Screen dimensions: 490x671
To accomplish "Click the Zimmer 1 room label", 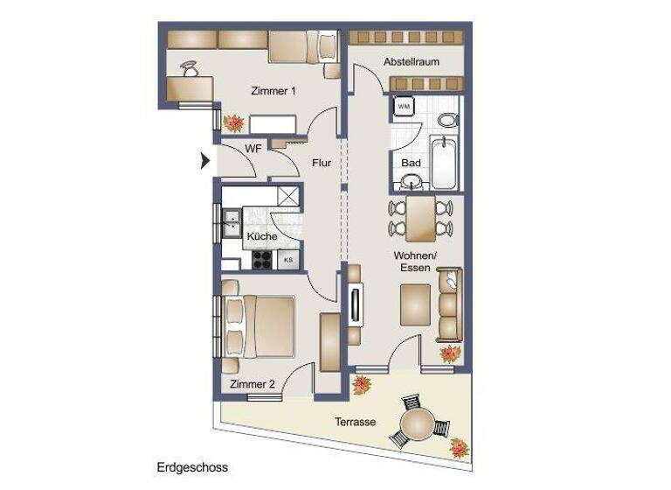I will (273, 91).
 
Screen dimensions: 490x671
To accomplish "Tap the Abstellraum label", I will (411, 62).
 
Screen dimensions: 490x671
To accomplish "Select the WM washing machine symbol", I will (404, 107).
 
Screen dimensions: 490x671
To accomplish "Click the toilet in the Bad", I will (447, 120).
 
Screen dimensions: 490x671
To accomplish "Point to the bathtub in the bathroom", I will (445, 163).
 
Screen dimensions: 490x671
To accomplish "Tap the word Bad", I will (411, 164).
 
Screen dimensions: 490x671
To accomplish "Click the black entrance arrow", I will (205, 161).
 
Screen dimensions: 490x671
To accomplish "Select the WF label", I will (252, 149).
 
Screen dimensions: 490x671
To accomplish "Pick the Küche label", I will (261, 237).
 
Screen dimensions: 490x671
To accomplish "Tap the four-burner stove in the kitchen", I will (263, 259).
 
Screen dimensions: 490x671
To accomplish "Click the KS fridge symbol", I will (288, 260).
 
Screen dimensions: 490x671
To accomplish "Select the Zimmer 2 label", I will (252, 384).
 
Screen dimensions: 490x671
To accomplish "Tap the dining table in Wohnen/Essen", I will (420, 218).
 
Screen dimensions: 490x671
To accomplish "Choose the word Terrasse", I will (355, 422).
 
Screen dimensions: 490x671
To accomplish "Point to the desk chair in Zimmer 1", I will (190, 68).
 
